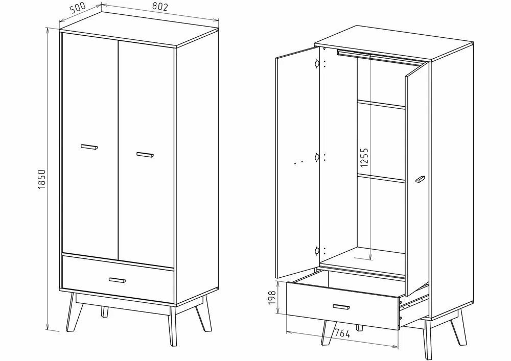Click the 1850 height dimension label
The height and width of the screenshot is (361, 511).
(x=42, y=179)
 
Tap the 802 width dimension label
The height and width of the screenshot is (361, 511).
(x=160, y=7)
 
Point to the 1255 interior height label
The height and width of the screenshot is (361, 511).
(x=364, y=158)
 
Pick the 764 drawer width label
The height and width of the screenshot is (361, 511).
(x=342, y=333)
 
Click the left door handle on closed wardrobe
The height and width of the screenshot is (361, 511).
(x=89, y=147)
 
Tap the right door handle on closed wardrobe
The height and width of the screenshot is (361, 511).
(x=145, y=155)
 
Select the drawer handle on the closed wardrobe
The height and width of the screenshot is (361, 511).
(x=118, y=280)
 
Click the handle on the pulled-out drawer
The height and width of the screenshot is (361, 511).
(x=341, y=307)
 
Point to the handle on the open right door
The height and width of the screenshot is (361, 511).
(x=420, y=179)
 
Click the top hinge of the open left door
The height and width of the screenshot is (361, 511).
(x=317, y=64)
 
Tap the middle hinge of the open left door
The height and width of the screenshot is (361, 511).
(x=317, y=158)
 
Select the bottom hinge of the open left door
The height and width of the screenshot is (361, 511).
(x=317, y=251)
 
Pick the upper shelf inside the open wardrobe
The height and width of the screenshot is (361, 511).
(x=381, y=104)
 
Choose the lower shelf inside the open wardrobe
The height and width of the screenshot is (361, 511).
(x=381, y=178)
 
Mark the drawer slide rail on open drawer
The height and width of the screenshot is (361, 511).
(x=414, y=302)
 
